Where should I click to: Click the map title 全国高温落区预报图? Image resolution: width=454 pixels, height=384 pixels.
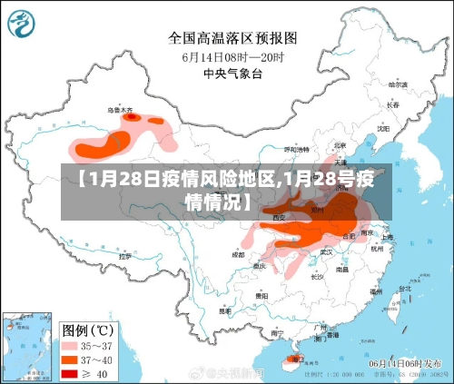point(232,38)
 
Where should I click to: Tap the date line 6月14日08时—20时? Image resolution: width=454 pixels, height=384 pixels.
point(232,56)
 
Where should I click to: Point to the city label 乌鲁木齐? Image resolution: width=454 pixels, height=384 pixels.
point(120,111)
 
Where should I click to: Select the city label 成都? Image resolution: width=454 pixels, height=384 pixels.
point(238,255)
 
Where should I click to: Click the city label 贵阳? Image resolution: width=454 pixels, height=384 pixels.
point(262,296)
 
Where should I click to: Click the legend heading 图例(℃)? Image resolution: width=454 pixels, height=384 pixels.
point(85,329)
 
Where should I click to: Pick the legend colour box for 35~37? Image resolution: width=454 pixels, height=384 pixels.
point(69,346)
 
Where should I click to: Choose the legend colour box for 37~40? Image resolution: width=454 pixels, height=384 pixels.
point(69,359)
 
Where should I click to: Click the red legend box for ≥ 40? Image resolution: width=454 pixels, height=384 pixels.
point(69,372)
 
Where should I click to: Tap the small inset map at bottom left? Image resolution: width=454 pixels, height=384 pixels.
point(25,347)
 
